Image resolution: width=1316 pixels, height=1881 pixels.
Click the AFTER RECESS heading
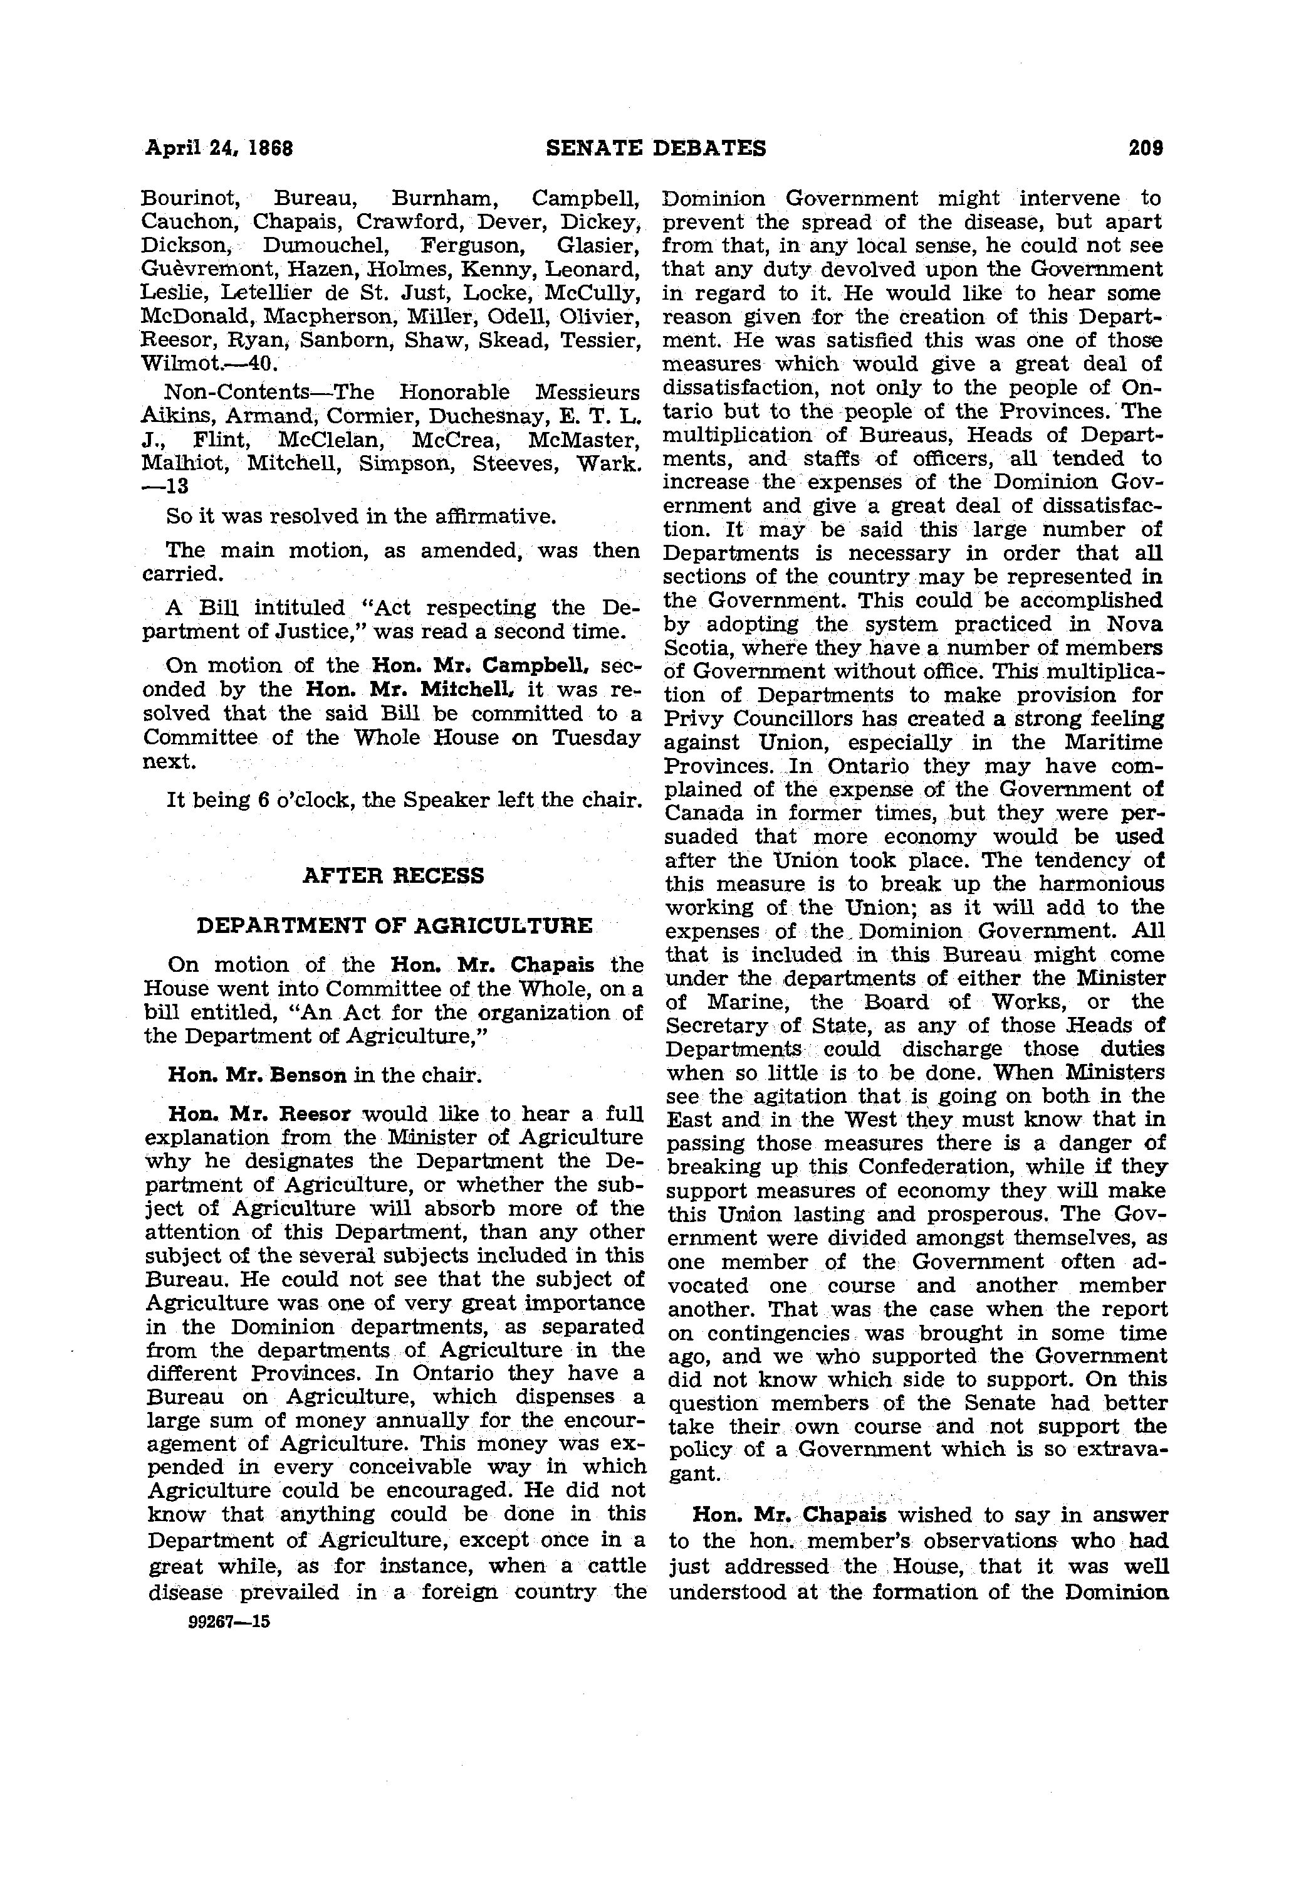(x=393, y=876)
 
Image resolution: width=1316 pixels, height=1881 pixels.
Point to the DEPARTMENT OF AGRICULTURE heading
(x=394, y=925)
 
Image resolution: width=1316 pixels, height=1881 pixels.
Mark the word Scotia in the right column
(x=694, y=648)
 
